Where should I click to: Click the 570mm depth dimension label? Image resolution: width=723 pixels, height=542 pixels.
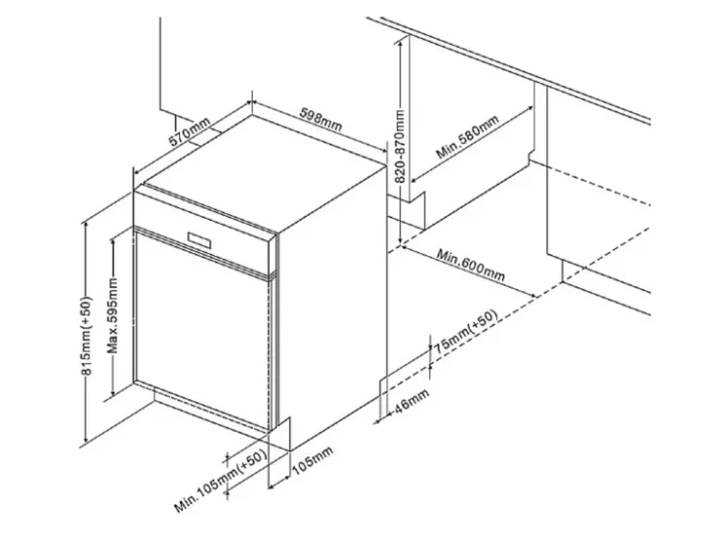[x=189, y=132]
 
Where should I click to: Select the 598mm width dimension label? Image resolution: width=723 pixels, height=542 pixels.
[x=320, y=119]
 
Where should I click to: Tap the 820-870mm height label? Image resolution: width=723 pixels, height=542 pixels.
[x=400, y=146]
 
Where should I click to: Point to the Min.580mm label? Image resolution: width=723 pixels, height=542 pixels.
[x=468, y=137]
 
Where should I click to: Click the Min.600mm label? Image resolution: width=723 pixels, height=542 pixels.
[x=471, y=265]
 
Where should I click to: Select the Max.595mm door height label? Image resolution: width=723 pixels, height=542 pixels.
[x=113, y=315]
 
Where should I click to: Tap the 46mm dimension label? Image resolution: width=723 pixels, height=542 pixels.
[x=412, y=400]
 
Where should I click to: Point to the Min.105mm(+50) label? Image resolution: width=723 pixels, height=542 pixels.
[x=221, y=480]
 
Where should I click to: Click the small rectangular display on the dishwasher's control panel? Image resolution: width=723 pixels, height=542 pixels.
[x=200, y=240]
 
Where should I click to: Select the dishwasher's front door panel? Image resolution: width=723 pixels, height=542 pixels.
[x=203, y=331]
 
